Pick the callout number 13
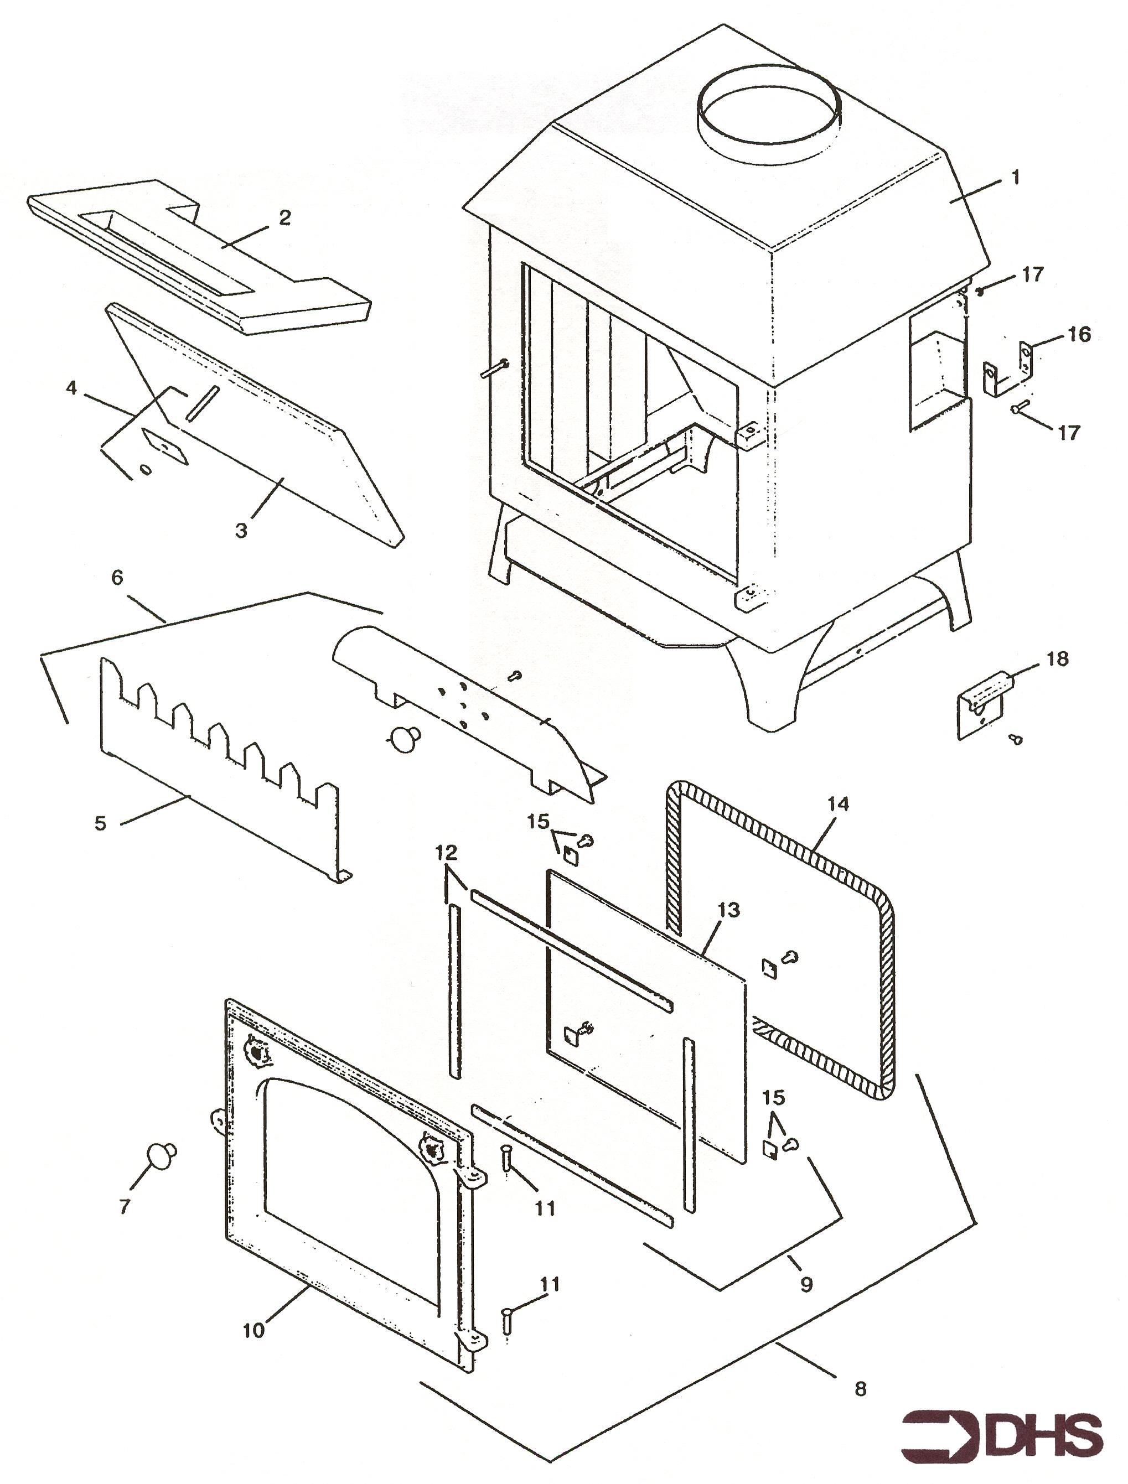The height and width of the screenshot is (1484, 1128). coord(728,910)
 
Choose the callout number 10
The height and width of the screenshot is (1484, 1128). coord(254,1330)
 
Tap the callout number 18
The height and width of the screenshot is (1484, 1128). coord(1058,659)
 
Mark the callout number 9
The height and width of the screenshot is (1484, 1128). coord(806,1284)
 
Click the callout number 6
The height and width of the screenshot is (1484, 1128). coord(117,578)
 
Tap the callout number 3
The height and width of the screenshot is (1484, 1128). coord(241,531)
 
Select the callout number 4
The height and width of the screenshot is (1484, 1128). coord(72,388)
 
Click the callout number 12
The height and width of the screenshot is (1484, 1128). coord(446,853)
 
